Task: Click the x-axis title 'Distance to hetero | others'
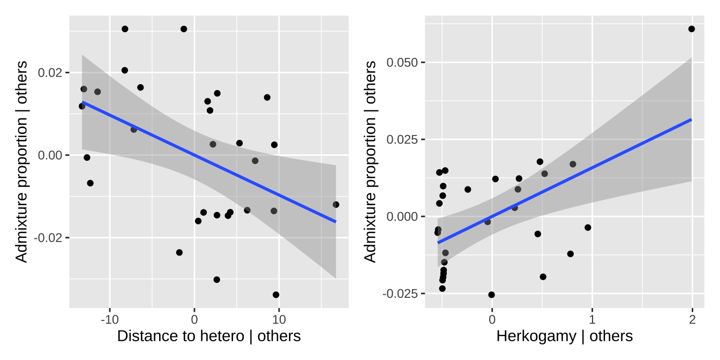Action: [209, 336]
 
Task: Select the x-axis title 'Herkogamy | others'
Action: [565, 336]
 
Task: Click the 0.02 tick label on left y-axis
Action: [51, 73]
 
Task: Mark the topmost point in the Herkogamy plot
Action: [692, 29]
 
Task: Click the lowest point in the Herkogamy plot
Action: [491, 295]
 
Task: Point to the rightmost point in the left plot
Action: [336, 205]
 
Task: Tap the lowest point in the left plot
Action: [276, 295]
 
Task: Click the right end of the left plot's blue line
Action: [336, 221]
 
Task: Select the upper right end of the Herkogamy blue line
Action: [692, 119]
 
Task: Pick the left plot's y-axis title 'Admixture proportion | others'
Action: [21, 162]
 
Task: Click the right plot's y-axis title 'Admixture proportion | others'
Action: [370, 162]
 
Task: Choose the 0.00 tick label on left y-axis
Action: [51, 155]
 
